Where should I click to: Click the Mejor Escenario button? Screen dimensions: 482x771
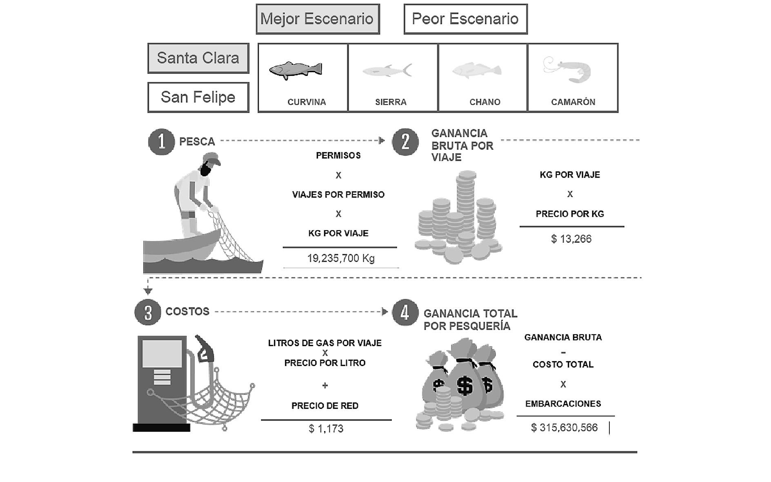[x=318, y=19]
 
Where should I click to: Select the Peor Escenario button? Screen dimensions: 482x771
[x=465, y=19]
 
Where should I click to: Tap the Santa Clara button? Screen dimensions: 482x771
[x=198, y=58]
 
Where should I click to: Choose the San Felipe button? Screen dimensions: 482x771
[x=198, y=98]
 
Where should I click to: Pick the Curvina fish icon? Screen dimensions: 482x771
[x=296, y=70]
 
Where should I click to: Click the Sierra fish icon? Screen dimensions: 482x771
[x=387, y=71]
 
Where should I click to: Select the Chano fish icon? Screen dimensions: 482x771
[x=477, y=70]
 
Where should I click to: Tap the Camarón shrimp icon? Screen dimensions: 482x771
[x=568, y=69]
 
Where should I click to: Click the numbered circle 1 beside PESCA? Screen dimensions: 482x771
[x=161, y=142]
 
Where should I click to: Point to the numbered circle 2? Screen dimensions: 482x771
[x=405, y=142]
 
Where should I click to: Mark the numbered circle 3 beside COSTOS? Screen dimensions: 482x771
[x=148, y=312]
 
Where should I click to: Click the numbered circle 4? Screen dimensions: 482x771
[x=405, y=312]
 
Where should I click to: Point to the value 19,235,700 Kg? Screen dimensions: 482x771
[x=341, y=258]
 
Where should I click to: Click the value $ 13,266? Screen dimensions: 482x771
[x=571, y=239]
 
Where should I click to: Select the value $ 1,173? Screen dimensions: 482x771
[x=326, y=429]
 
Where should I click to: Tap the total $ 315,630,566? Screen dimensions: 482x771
[x=564, y=428]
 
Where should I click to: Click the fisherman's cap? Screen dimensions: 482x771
[x=212, y=158]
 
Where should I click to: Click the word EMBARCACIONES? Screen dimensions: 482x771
[x=563, y=404]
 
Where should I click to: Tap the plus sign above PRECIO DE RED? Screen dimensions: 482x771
[x=325, y=385]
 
